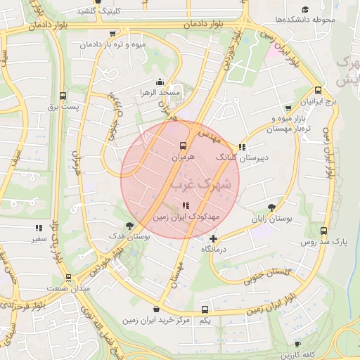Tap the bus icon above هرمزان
point(183,146)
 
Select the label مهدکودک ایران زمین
point(186,218)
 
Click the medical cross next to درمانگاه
point(214,238)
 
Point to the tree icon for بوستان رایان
point(271,207)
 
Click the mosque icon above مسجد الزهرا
point(160,82)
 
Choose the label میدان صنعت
point(68,289)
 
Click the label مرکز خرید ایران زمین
point(156,321)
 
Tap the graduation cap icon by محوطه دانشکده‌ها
point(305,8)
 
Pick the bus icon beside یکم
point(205,309)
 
